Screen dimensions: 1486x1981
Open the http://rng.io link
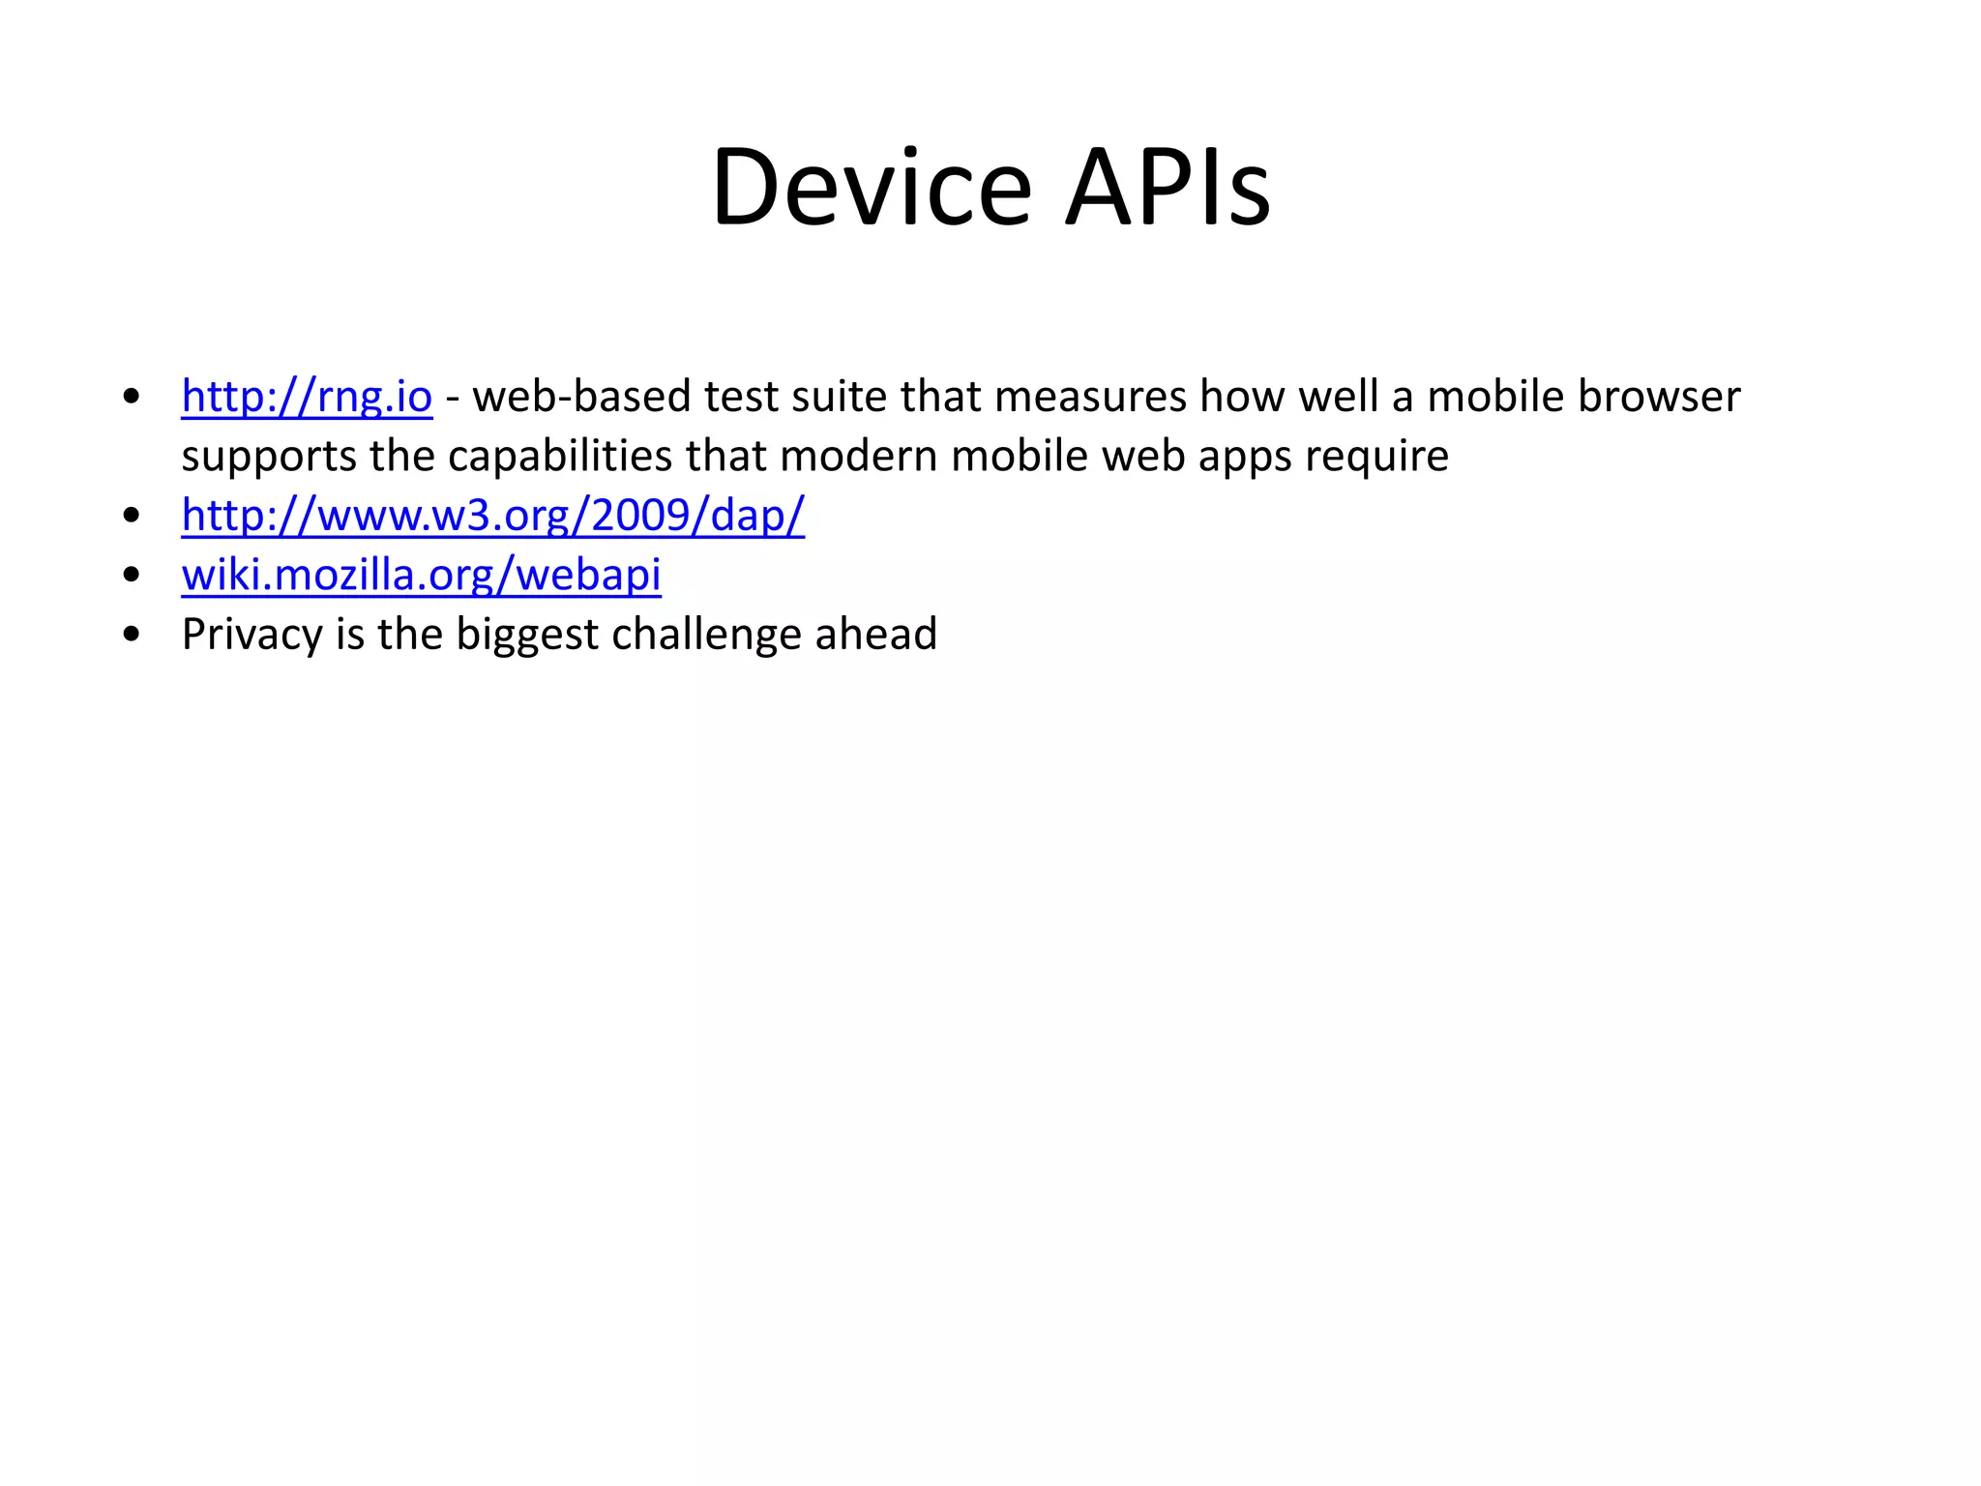[307, 397]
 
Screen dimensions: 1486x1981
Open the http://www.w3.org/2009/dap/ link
[492, 516]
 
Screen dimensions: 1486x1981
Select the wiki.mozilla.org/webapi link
[421, 575]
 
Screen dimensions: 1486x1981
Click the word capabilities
[560, 456]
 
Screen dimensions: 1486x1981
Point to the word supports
[269, 456]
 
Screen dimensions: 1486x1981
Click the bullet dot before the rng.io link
[133, 397]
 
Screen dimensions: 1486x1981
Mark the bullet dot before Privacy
[133, 635]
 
